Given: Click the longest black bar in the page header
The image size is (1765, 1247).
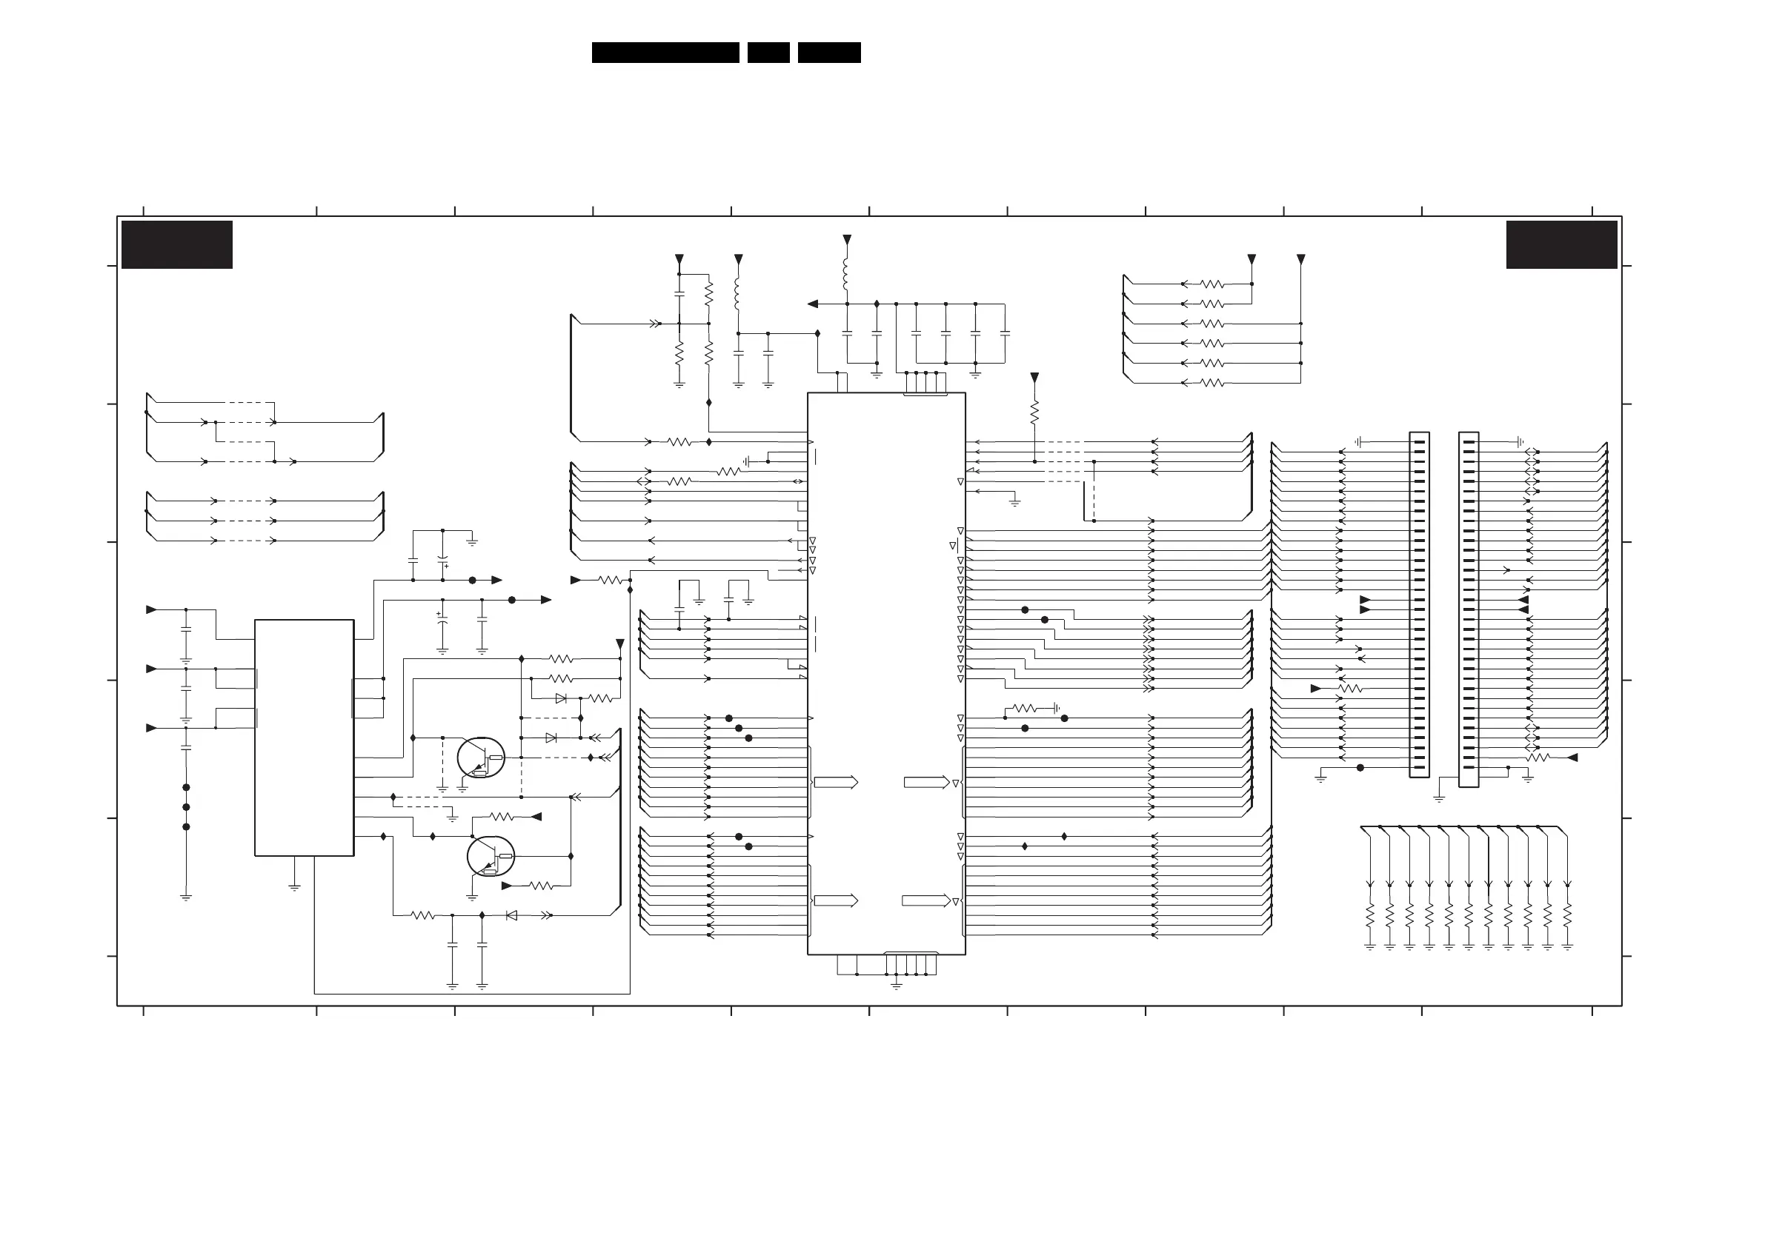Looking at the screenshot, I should pyautogui.click(x=665, y=53).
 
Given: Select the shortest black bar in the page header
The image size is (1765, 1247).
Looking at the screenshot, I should pyautogui.click(x=768, y=53).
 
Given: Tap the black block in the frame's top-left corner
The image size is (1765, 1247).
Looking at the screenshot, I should pyautogui.click(x=177, y=244).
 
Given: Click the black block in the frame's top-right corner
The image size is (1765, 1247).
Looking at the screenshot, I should pyautogui.click(x=1561, y=244).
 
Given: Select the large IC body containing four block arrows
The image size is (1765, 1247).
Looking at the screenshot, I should pyautogui.click(x=885, y=673).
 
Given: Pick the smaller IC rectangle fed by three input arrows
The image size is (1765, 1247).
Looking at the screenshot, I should pyautogui.click(x=304, y=738).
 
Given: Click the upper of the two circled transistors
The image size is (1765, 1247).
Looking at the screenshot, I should pyautogui.click(x=481, y=758).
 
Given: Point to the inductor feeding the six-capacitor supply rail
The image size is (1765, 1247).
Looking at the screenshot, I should pyautogui.click(x=846, y=274).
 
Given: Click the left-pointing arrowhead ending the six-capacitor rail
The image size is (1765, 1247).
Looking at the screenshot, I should pyautogui.click(x=813, y=304).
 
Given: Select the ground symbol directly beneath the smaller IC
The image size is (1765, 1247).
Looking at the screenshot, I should pyautogui.click(x=293, y=886).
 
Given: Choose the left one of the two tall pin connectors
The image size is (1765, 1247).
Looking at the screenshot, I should pyautogui.click(x=1419, y=604).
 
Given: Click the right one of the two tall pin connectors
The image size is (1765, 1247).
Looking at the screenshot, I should pyautogui.click(x=1469, y=609).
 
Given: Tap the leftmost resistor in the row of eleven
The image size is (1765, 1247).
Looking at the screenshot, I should pyautogui.click(x=1370, y=916).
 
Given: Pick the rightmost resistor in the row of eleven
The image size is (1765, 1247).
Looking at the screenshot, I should pyautogui.click(x=1567, y=916).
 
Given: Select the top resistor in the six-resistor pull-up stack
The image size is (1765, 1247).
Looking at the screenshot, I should pyautogui.click(x=1212, y=284).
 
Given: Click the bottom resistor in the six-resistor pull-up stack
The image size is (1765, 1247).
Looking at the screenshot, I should pyautogui.click(x=1212, y=383).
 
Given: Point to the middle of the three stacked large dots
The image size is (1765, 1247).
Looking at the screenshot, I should pyautogui.click(x=186, y=806).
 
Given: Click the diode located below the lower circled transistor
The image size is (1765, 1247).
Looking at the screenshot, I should pyautogui.click(x=511, y=915).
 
